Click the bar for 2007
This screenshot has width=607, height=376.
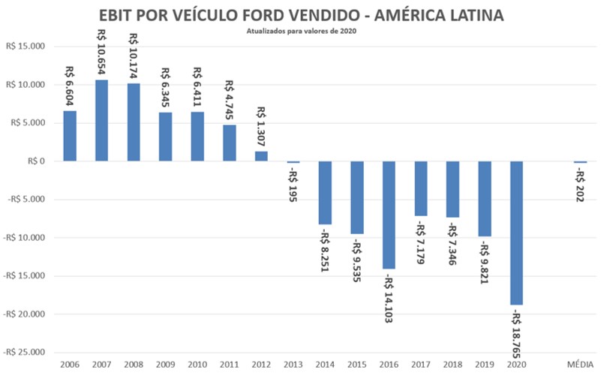101,120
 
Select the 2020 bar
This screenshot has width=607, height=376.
516,233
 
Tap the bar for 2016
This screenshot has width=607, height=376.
389,215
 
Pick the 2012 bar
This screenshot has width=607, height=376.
261,156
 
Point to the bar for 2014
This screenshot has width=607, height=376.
325,193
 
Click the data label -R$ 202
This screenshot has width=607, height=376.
581,188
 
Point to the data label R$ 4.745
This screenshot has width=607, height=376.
229,97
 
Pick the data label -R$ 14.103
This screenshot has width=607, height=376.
389,296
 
